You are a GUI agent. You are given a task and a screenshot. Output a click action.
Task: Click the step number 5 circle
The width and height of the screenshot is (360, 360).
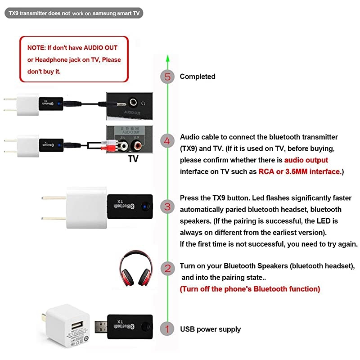(x=167, y=76)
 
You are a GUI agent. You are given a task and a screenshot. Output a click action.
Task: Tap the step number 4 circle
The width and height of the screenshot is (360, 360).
(x=167, y=141)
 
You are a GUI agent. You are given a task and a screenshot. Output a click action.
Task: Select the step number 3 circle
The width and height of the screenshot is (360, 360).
(x=167, y=207)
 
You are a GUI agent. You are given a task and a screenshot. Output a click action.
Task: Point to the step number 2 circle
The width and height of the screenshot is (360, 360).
(x=167, y=269)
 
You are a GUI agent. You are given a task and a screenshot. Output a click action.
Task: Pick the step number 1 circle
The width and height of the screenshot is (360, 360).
(x=167, y=329)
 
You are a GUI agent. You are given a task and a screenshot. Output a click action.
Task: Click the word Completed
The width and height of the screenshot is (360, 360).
(x=198, y=76)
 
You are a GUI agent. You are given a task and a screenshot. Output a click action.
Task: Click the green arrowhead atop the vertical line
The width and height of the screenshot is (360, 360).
(x=167, y=58)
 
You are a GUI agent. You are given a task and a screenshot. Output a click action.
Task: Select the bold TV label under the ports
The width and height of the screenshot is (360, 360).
(x=133, y=159)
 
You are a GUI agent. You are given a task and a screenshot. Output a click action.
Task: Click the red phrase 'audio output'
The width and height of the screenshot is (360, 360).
(x=306, y=160)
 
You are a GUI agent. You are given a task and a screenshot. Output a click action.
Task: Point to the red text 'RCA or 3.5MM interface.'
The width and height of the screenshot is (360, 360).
(x=300, y=171)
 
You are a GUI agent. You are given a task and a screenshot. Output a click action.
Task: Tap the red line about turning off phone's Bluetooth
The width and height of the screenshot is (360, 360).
(x=250, y=289)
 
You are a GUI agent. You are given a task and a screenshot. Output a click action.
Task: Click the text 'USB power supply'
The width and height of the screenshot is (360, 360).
(x=210, y=329)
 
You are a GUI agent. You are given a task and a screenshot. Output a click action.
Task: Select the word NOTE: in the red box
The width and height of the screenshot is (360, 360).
(x=36, y=47)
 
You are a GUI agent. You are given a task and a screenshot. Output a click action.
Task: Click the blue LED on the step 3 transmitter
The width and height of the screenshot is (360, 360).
(x=144, y=207)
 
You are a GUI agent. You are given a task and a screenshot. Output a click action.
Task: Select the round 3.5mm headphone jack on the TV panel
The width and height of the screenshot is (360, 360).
(x=133, y=102)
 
